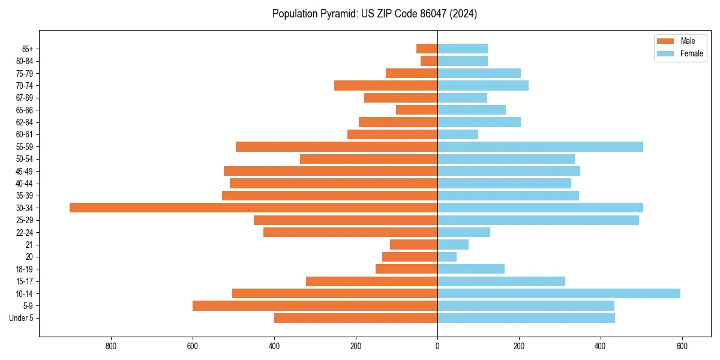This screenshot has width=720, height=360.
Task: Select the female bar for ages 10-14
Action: (559, 293)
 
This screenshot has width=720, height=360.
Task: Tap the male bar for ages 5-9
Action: (315, 305)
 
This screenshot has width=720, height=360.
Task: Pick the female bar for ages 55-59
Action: (540, 146)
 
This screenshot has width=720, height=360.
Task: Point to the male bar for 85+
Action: (427, 49)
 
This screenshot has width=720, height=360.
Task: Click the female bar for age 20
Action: (447, 257)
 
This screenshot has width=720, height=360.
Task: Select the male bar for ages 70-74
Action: (386, 85)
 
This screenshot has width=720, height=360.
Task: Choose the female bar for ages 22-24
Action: (464, 232)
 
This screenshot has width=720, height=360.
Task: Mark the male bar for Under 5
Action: (356, 318)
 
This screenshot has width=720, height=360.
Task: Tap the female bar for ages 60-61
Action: (458, 134)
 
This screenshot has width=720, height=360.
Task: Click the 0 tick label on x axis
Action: (437, 346)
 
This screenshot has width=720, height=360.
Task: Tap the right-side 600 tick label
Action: (682, 346)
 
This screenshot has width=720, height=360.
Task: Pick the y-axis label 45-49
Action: (24, 171)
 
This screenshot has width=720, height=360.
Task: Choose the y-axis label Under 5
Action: (21, 318)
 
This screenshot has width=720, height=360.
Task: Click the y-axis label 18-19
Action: (24, 269)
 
